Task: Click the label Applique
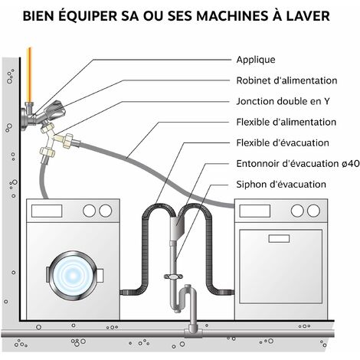256,60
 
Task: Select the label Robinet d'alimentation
286,80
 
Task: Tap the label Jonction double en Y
283,101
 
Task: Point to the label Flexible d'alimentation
286,122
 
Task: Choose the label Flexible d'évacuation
283,142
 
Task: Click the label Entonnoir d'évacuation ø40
298,164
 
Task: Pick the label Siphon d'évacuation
281,185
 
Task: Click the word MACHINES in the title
231,16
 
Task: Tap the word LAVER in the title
308,16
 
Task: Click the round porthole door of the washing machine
73,276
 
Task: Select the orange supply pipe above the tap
30,74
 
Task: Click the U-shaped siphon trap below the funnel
184,299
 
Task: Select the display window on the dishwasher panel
254,211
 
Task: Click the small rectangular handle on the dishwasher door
279,239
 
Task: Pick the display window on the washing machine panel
47,211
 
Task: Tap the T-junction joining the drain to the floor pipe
193,332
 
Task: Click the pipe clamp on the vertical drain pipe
173,277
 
